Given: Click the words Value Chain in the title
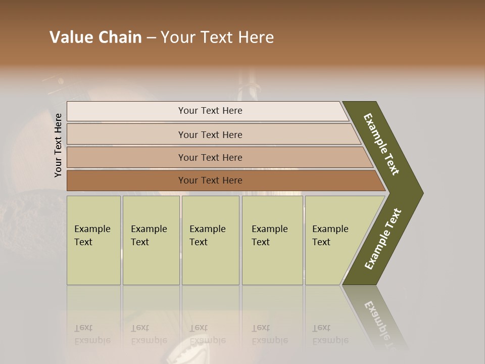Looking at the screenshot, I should [x=95, y=37].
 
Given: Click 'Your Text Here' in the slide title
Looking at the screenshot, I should [x=217, y=37].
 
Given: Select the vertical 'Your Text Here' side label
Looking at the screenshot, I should [x=58, y=145].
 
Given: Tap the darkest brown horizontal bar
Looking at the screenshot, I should [x=126, y=180].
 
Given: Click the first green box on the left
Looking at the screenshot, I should [x=93, y=240].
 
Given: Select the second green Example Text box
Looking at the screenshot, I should [x=151, y=240].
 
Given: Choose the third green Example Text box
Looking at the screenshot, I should [x=210, y=240].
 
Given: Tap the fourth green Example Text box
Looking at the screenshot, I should [x=272, y=240].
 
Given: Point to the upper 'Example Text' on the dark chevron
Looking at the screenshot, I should [x=381, y=144].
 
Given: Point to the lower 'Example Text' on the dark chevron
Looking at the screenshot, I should [x=383, y=239].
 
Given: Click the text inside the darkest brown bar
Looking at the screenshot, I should [x=210, y=180].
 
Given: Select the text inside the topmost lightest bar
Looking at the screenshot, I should [x=210, y=111].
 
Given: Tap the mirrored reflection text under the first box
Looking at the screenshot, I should [x=92, y=334].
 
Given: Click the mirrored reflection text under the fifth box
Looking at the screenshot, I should [x=330, y=334].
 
